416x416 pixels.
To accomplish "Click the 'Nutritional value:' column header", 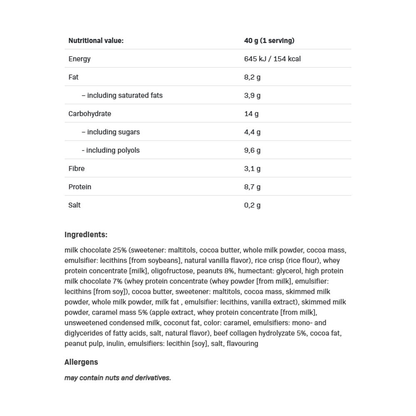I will (x=96, y=41).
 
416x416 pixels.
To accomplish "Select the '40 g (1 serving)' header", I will (x=269, y=41).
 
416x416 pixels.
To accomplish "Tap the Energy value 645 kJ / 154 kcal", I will (x=272, y=59).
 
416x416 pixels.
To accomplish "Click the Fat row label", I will (x=73, y=77).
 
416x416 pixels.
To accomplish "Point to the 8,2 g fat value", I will (x=252, y=77).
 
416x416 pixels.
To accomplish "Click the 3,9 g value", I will (x=252, y=96).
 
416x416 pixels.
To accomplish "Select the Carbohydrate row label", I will (x=89, y=114).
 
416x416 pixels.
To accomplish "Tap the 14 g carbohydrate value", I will (x=251, y=114).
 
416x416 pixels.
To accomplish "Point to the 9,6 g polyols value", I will (x=252, y=151).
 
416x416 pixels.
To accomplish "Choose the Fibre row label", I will (x=76, y=169).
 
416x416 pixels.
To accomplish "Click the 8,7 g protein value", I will (x=252, y=187).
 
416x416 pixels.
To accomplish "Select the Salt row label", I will (x=74, y=206).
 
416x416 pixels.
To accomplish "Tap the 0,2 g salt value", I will (x=252, y=206).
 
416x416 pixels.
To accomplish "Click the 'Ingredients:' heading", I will (x=86, y=235).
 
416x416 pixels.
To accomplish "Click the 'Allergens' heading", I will (x=81, y=362).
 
